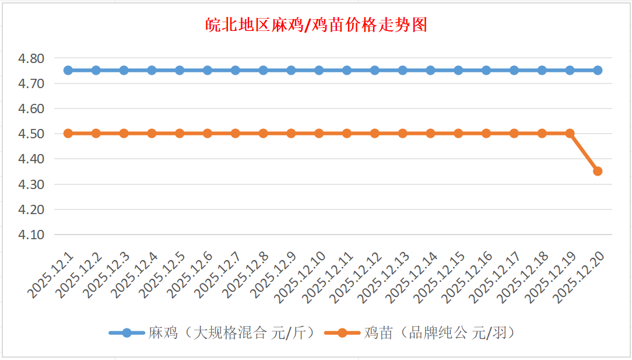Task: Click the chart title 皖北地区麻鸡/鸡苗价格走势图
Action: [317, 25]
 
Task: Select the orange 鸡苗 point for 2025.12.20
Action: [598, 171]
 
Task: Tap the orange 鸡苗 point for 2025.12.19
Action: [570, 133]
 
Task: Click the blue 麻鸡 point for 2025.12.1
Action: [68, 70]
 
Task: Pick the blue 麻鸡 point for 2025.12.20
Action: [598, 70]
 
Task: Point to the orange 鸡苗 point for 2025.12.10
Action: [319, 133]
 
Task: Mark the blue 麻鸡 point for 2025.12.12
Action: [375, 70]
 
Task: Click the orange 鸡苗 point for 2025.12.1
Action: [68, 133]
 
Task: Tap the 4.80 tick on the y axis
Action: [32, 58]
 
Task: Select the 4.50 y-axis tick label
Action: [32, 134]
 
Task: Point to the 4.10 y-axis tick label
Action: [32, 235]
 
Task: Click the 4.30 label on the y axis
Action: [32, 184]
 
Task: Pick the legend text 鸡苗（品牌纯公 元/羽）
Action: [440, 333]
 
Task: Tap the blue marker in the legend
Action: [127, 333]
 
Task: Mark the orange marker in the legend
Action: [342, 333]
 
